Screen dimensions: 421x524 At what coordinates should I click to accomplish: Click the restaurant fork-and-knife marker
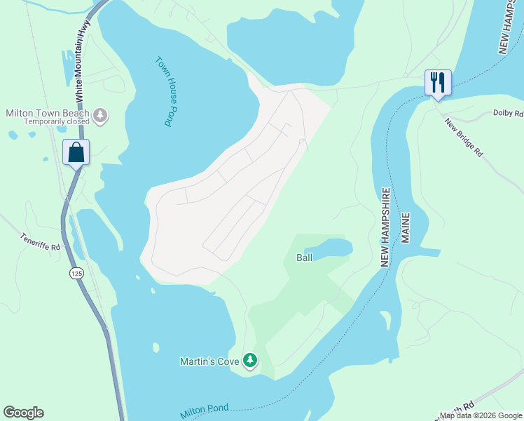pyautogui.click(x=438, y=83)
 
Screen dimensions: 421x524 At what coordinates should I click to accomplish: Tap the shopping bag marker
pyautogui.click(x=76, y=152)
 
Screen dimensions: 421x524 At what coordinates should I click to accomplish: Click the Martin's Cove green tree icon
pyautogui.click(x=250, y=361)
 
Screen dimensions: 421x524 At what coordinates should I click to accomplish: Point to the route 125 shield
pyautogui.click(x=75, y=272)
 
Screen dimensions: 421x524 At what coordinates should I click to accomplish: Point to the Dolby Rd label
pyautogui.click(x=508, y=113)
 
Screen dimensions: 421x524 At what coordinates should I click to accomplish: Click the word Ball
pyautogui.click(x=304, y=258)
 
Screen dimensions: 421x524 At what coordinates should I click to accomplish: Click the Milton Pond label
pyautogui.click(x=205, y=411)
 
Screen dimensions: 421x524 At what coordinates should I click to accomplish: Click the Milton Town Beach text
pyautogui.click(x=47, y=113)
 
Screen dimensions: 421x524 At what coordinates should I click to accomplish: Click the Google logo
pyautogui.click(x=23, y=413)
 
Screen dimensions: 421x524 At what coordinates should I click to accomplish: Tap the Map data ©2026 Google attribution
pyautogui.click(x=481, y=415)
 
